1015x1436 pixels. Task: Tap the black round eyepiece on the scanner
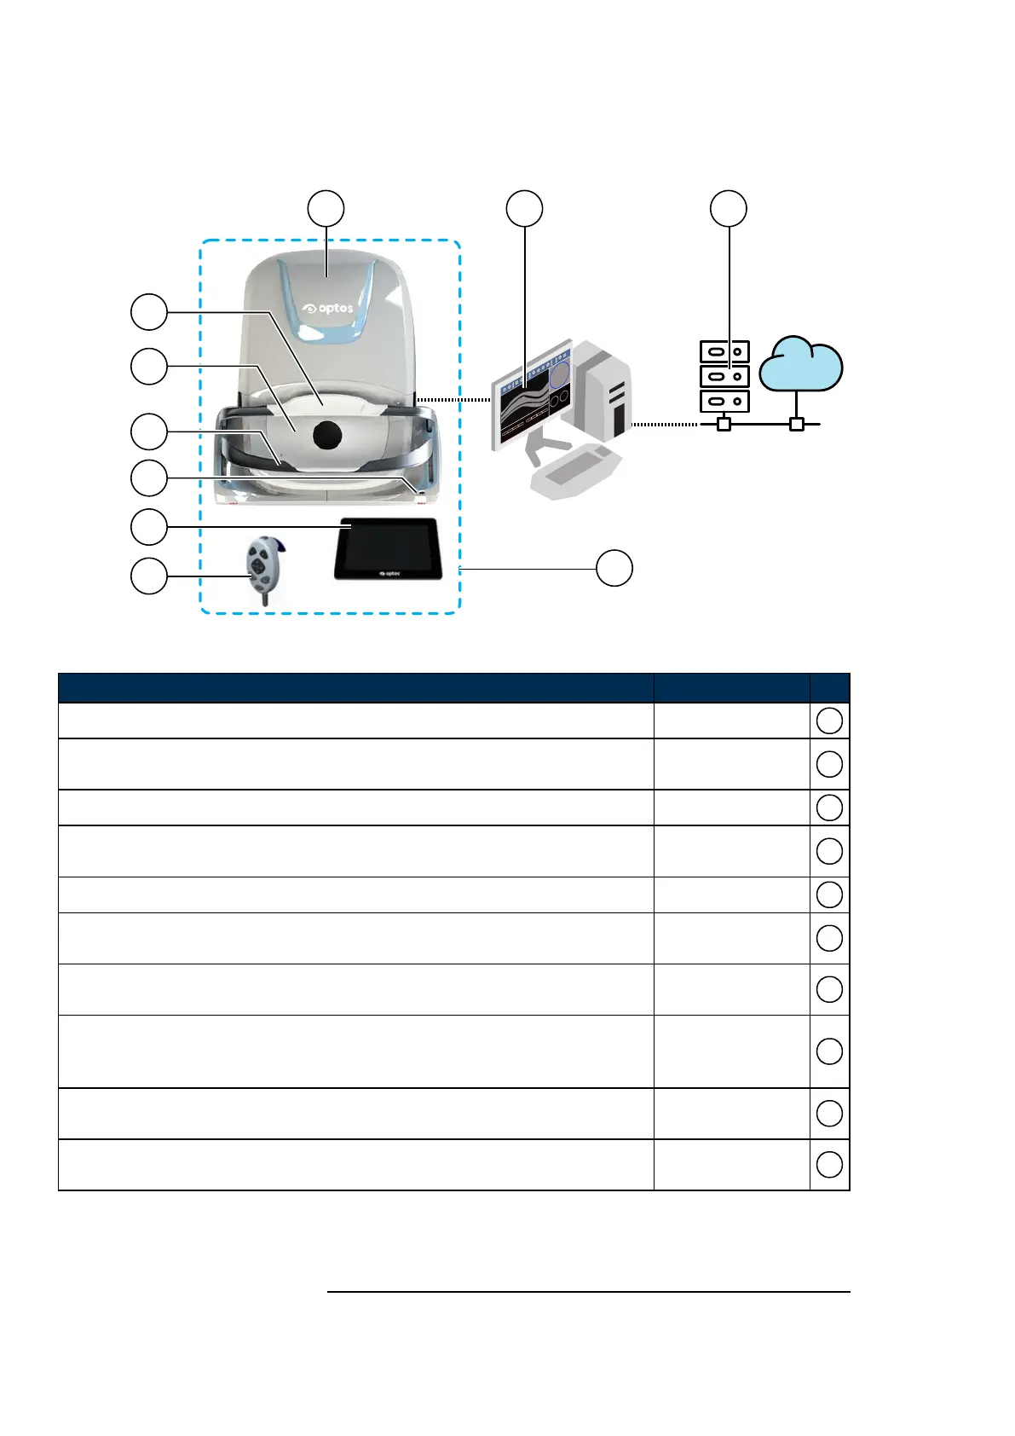[x=327, y=435]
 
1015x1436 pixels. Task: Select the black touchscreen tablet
[x=388, y=549]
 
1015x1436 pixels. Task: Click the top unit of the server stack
[x=724, y=351]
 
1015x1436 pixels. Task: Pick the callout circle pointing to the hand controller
[x=148, y=576]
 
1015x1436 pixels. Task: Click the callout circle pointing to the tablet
[x=148, y=528]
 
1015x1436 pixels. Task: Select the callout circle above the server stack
[x=729, y=209]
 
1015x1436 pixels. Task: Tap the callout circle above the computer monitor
[x=524, y=209]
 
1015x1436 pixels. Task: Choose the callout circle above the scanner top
[x=326, y=209]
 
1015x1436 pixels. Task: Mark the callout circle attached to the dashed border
[x=614, y=569]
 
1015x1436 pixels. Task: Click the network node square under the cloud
[x=797, y=424]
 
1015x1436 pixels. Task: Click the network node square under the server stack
[x=724, y=424]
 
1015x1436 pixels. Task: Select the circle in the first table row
[x=829, y=721]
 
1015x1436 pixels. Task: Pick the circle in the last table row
[x=829, y=1165]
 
